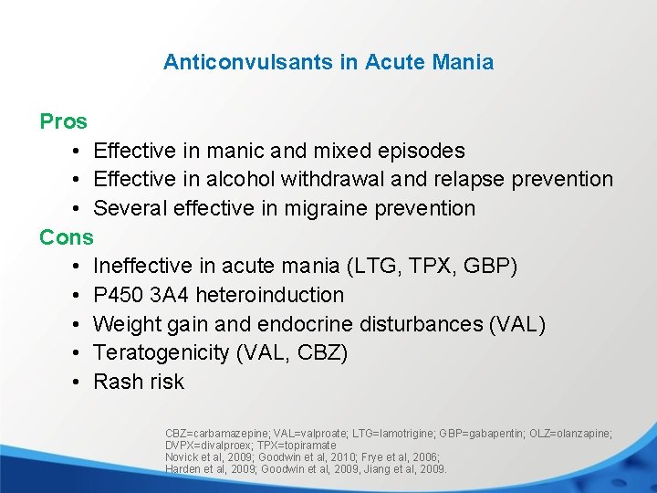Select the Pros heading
[63, 121]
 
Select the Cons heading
[66, 237]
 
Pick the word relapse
[468, 180]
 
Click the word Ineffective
[143, 267]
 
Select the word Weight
[125, 324]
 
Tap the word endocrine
[305, 324]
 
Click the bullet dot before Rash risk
[77, 383]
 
